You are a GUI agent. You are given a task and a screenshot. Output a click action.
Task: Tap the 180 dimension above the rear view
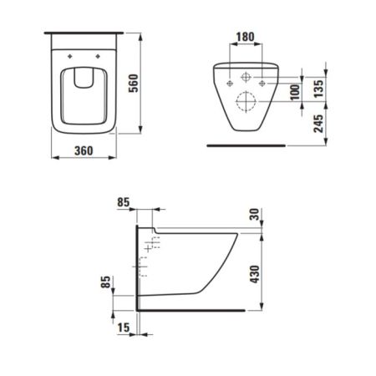coord(246,37)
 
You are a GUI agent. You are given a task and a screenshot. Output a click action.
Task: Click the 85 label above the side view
coord(123,201)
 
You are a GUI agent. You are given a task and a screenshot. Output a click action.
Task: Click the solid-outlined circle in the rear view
coord(246,75)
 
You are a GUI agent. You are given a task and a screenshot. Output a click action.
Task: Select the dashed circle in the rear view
coord(246,103)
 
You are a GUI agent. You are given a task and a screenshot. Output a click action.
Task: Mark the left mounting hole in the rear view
coord(228,84)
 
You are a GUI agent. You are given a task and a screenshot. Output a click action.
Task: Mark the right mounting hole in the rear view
coord(263,84)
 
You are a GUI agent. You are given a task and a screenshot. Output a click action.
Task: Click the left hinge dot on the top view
coord(68,57)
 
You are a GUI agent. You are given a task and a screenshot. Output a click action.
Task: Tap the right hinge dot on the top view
coord(98,57)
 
